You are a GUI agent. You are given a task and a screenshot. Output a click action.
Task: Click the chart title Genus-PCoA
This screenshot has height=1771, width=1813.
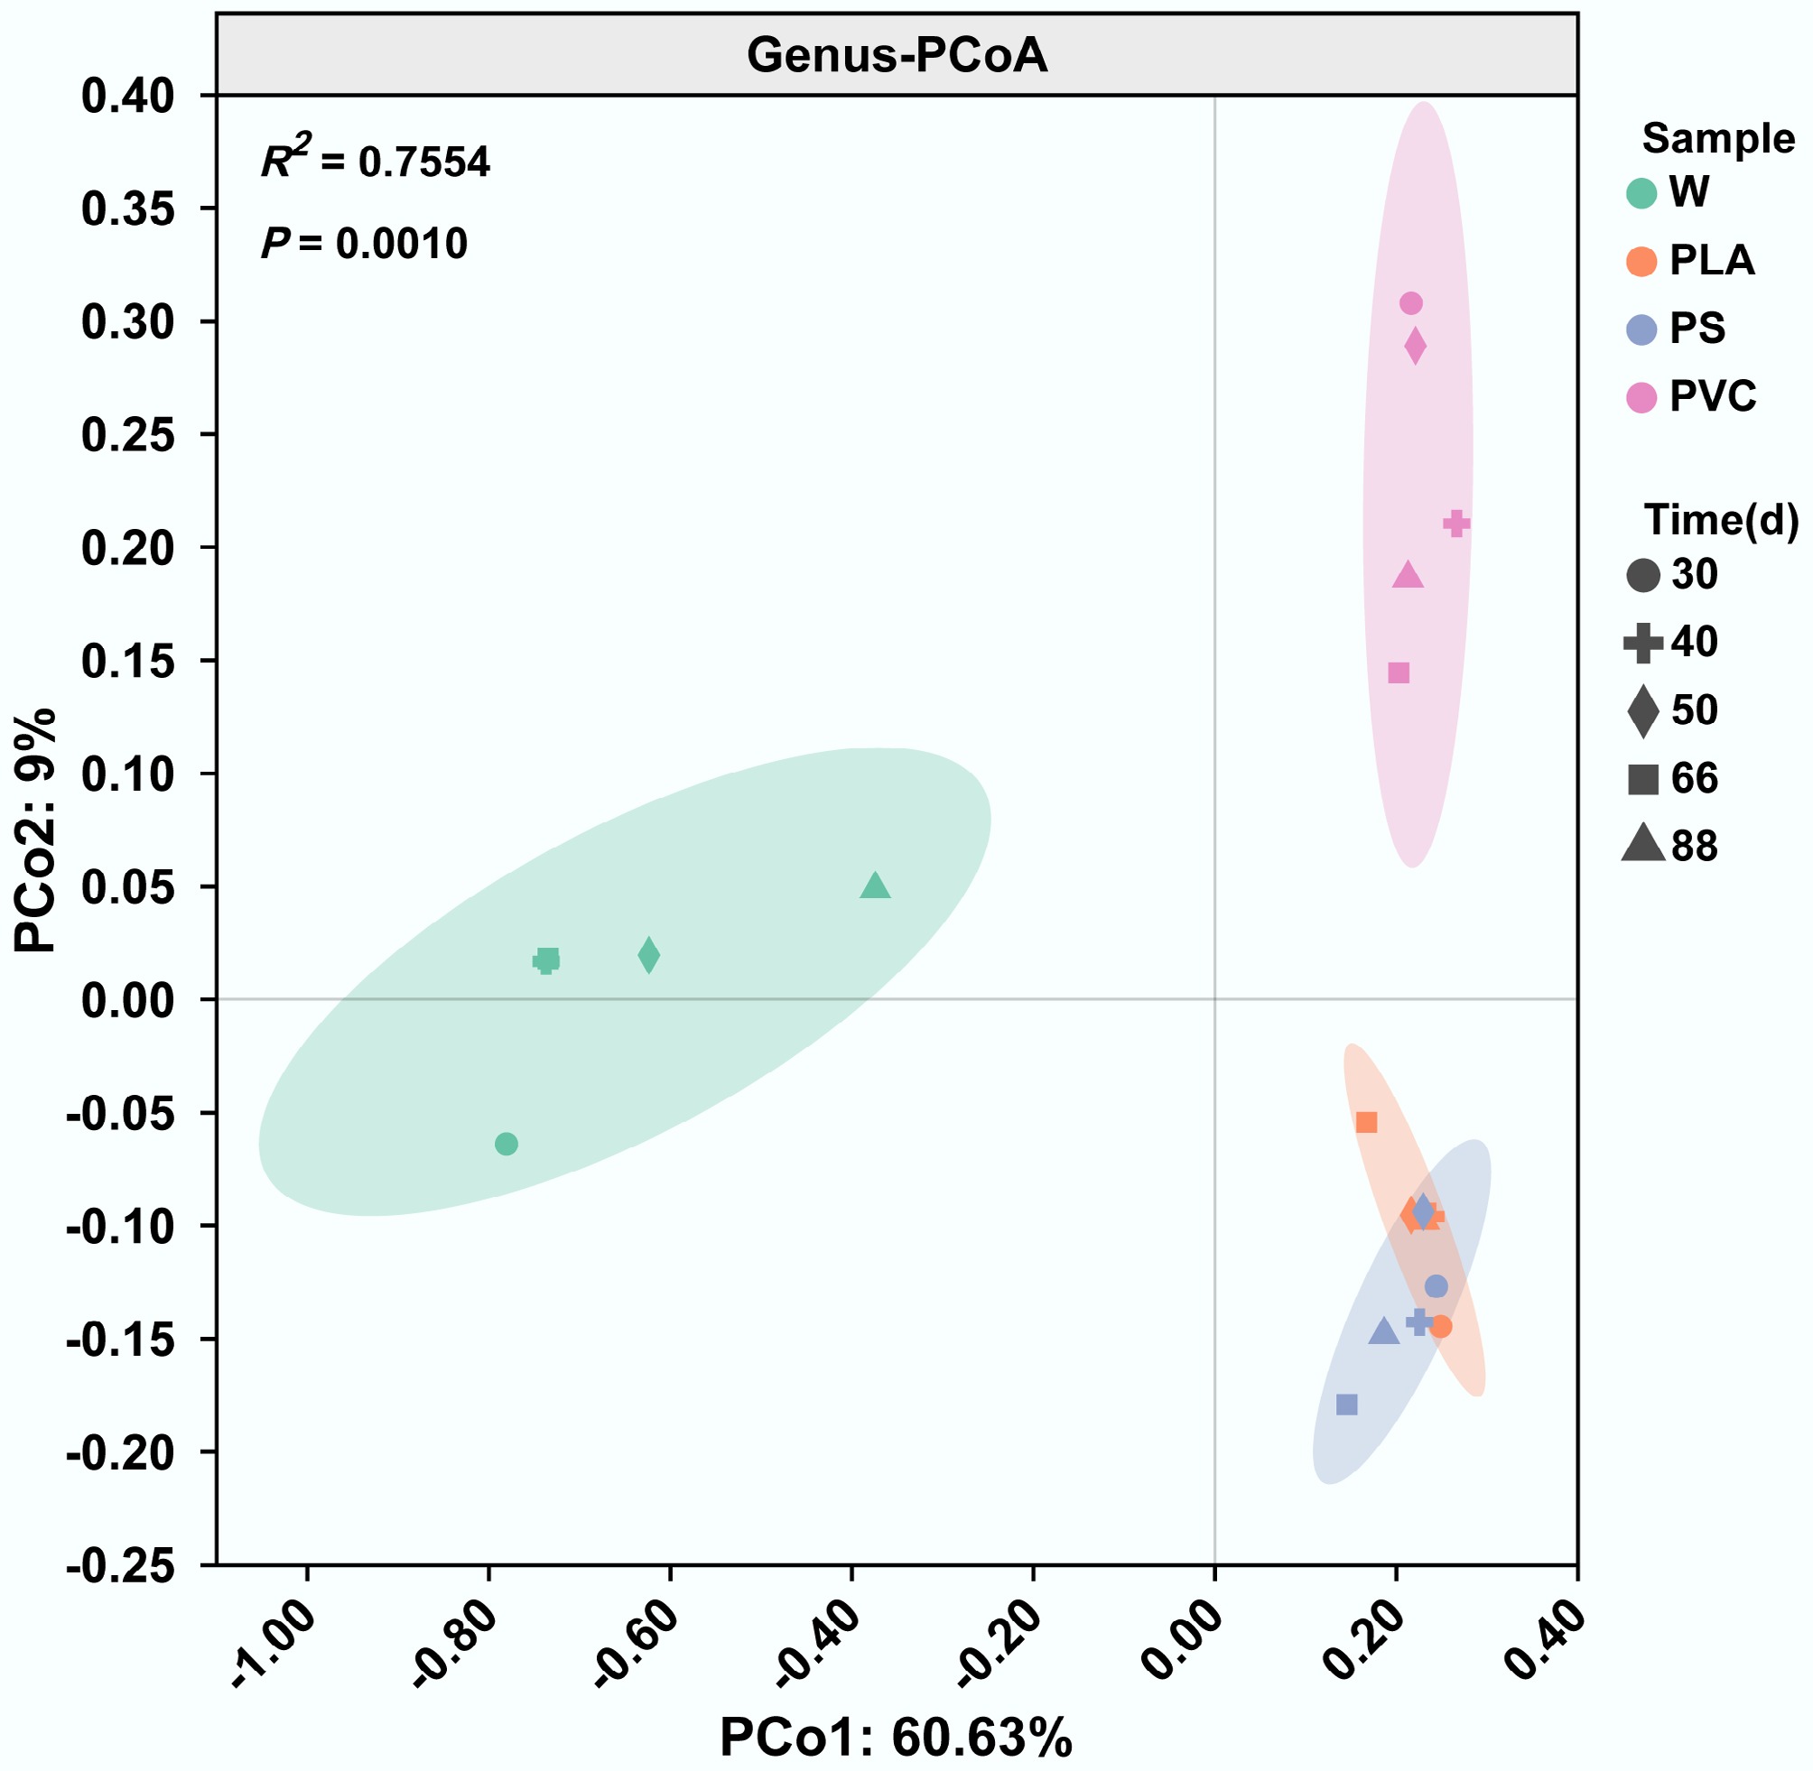coord(897,56)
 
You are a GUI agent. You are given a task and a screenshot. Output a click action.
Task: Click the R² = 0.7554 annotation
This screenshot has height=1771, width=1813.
coord(375,162)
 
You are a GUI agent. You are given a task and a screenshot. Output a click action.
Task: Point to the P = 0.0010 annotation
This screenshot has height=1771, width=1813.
coord(364,244)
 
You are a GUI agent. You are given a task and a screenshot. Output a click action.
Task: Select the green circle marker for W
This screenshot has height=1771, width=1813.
coord(506,1144)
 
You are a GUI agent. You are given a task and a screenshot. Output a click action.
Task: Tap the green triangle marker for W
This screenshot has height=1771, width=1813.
coord(874,886)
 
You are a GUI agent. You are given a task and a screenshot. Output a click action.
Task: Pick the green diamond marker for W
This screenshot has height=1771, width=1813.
coord(649,955)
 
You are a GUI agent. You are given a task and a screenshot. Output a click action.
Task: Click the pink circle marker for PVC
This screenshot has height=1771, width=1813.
coord(1411,303)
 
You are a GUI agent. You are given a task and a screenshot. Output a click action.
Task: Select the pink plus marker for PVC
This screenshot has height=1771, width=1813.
coord(1456,524)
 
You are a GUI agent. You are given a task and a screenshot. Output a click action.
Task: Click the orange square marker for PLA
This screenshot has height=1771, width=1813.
coord(1366,1123)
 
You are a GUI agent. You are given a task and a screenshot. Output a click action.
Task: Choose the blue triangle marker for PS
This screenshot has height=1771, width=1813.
coord(1384,1332)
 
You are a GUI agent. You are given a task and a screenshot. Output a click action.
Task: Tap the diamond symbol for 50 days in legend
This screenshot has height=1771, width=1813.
coord(1643,710)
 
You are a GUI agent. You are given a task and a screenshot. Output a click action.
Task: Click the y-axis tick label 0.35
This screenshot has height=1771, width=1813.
coord(128,209)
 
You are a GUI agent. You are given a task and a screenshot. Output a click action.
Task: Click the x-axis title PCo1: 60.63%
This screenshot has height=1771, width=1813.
coord(896,1737)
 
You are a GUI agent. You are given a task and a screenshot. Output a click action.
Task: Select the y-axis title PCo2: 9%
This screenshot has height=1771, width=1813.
coord(36,830)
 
